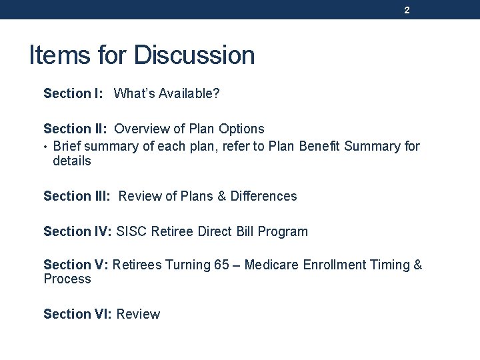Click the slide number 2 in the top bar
407,11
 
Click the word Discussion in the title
194,55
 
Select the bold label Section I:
73,94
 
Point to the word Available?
186,94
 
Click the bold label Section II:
75,129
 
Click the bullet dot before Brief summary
46,146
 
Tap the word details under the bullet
72,161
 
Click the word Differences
264,197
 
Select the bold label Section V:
76,265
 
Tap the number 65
222,265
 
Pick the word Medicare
272,265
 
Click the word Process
67,279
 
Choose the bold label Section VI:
78,314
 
